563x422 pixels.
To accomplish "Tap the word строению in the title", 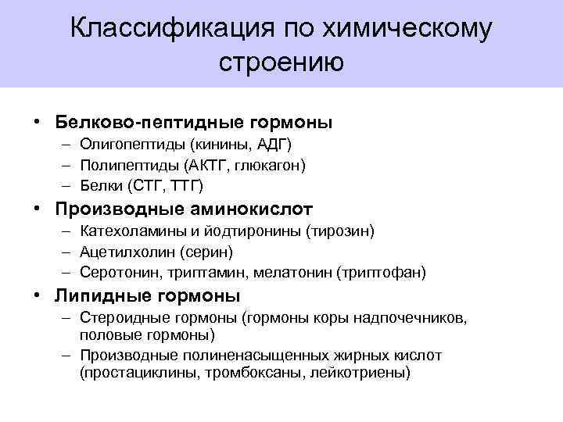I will [281, 62].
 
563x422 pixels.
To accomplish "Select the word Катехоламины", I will [127, 232].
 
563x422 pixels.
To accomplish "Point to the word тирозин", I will [342, 232].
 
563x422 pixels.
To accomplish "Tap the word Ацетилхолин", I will [122, 252].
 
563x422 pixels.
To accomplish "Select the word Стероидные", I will [123, 319].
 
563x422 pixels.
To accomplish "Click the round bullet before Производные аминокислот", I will [38, 209].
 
